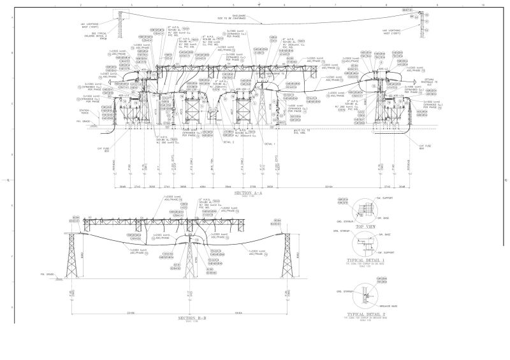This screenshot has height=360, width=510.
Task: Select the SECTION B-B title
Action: click(x=191, y=317)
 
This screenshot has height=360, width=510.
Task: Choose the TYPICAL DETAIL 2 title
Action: click(x=365, y=314)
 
